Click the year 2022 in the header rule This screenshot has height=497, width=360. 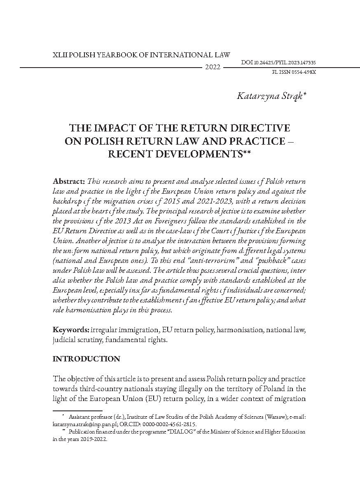click(x=213, y=67)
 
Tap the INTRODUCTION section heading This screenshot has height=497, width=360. click(x=86, y=359)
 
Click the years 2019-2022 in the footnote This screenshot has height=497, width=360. click(x=91, y=439)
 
